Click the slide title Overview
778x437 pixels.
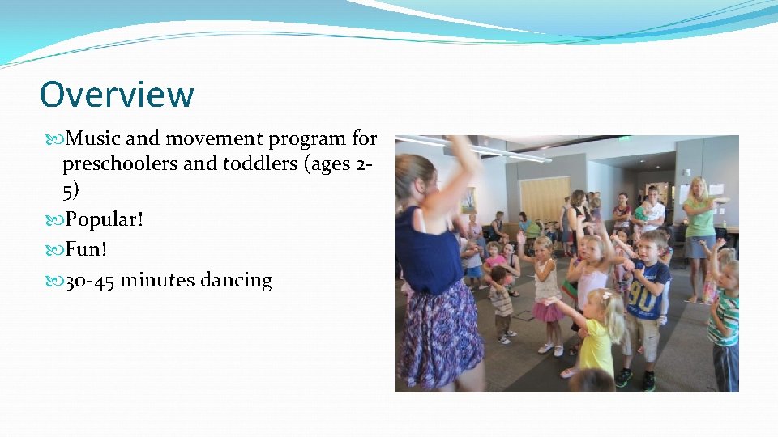click(117, 94)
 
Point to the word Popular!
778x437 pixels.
click(103, 219)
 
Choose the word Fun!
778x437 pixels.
click(87, 250)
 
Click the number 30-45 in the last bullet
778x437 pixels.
click(89, 281)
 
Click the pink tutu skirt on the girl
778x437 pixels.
click(547, 311)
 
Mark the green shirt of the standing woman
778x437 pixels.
click(699, 218)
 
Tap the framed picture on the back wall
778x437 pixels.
click(468, 199)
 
